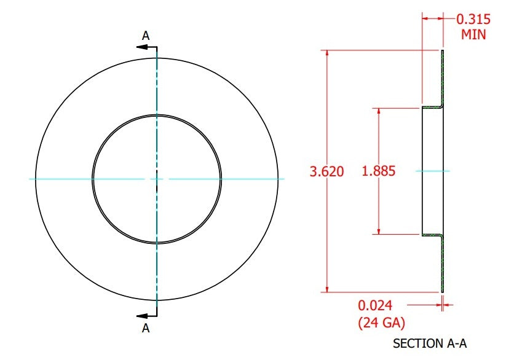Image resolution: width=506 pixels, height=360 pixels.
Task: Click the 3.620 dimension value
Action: (326, 171)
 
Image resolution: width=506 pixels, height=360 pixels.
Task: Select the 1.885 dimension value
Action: (379, 171)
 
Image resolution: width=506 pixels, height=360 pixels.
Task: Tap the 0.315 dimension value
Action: (473, 20)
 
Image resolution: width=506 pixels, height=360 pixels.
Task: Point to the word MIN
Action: (473, 34)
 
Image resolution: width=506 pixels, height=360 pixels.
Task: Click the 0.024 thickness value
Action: (375, 305)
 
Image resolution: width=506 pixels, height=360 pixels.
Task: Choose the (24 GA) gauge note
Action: (381, 323)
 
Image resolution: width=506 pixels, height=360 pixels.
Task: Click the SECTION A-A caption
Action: (430, 343)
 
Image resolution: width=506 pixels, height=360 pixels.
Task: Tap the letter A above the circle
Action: (146, 36)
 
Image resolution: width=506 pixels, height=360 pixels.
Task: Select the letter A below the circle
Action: (146, 328)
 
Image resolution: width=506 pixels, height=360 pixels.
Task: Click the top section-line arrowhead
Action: (141, 47)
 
